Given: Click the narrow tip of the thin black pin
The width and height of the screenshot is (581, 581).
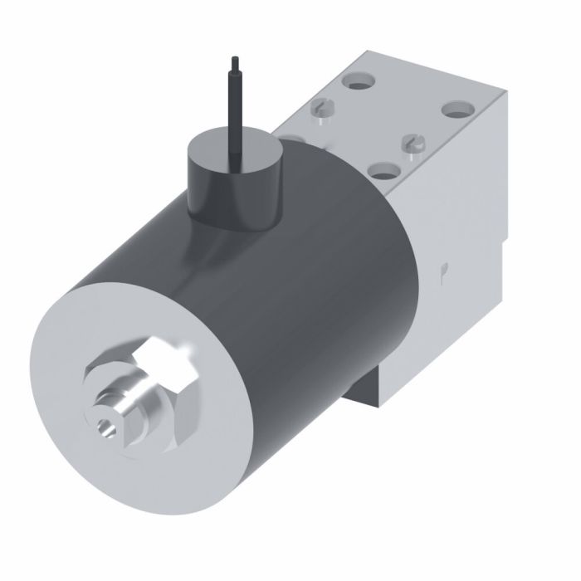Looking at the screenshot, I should pyautogui.click(x=235, y=63).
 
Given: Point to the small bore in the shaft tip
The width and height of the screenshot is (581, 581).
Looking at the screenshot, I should pyautogui.click(x=104, y=426).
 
